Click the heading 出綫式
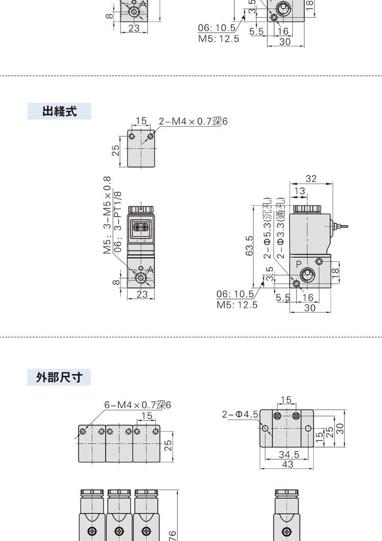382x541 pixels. (x=59, y=111)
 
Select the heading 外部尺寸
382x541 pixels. (x=59, y=377)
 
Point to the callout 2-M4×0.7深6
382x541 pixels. (x=193, y=122)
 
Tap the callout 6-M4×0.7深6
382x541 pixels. (x=138, y=405)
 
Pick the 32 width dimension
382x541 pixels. (x=311, y=178)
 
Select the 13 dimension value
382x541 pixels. (x=299, y=191)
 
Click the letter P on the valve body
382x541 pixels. (x=299, y=264)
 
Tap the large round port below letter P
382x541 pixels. (x=307, y=276)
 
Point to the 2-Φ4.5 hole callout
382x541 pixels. (x=240, y=414)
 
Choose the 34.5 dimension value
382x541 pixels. (x=289, y=455)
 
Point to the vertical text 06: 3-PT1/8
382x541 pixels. (x=118, y=222)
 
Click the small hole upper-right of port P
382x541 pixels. (x=319, y=261)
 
